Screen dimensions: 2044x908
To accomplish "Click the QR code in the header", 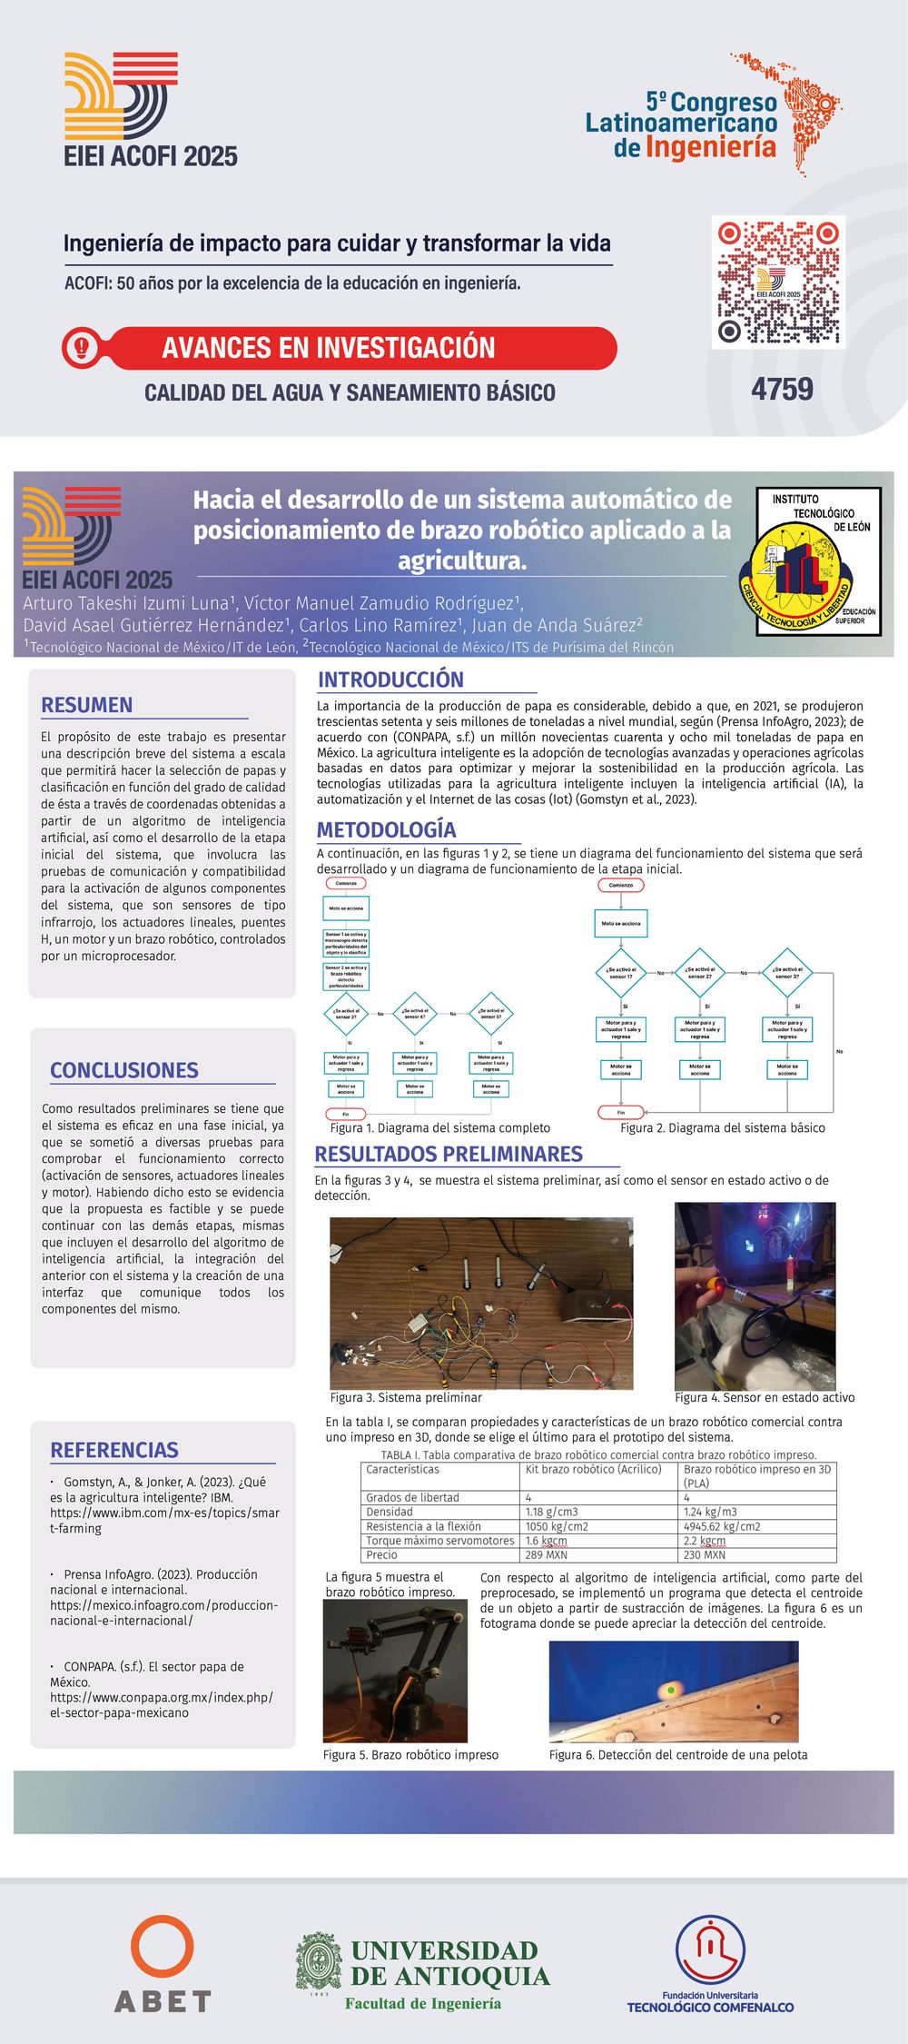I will pyautogui.click(x=778, y=282).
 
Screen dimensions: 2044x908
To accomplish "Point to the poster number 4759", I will pyautogui.click(x=782, y=390).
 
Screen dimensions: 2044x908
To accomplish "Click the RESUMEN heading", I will pyautogui.click(x=87, y=705).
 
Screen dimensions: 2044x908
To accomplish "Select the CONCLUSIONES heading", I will pyautogui.click(x=124, y=1070).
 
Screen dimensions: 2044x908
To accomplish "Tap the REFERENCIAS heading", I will pyautogui.click(x=114, y=1450).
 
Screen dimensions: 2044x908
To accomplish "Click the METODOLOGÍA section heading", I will pyautogui.click(x=386, y=829).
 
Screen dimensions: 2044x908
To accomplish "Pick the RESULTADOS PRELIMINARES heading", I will pyautogui.click(x=449, y=1155).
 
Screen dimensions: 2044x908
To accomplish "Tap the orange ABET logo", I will pyautogui.click(x=163, y=1962).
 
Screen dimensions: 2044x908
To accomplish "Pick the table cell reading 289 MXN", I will pyautogui.click(x=547, y=1554).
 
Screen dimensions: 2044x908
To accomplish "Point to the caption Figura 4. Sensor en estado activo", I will pyautogui.click(x=765, y=1397).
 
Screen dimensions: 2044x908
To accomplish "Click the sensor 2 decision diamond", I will pyautogui.click(x=699, y=973).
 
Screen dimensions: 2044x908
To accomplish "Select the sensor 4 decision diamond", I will pyautogui.click(x=415, y=1014).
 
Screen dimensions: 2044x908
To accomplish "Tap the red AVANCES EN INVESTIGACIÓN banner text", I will pyautogui.click(x=329, y=348).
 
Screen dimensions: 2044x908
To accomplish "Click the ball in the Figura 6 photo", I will pyautogui.click(x=670, y=1690).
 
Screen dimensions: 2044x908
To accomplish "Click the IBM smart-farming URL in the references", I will pyautogui.click(x=164, y=1520).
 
